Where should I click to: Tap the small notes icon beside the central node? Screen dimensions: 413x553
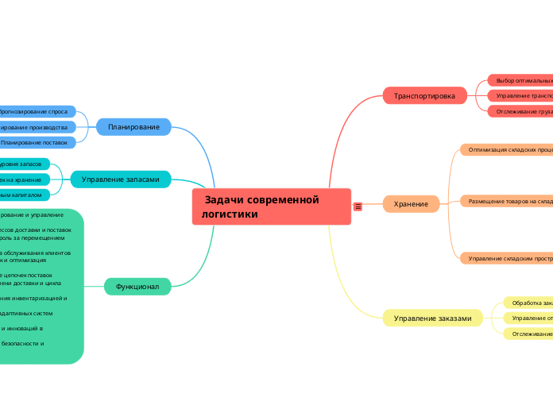358,206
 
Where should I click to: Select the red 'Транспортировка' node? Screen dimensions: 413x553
424,96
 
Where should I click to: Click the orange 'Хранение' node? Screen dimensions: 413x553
412,204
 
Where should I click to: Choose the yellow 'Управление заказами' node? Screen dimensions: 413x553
431,318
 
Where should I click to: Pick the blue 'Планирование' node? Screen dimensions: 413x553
133,126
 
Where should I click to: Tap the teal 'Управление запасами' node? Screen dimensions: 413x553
120,179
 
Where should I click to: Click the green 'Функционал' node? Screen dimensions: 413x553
137,286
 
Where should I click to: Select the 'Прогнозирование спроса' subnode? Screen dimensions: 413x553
35,112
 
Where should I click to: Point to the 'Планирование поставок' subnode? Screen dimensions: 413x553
36,142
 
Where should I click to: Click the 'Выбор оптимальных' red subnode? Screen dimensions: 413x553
521,80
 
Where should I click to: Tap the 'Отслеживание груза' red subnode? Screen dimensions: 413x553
521,111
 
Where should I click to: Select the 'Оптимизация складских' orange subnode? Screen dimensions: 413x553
509,149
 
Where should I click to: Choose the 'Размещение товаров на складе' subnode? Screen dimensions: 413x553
509,202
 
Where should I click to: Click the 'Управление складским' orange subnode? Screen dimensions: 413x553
509,258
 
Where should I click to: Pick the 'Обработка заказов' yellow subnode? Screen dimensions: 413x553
529,303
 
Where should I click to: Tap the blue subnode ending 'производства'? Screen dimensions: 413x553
37,127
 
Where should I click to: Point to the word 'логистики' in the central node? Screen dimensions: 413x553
230,214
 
